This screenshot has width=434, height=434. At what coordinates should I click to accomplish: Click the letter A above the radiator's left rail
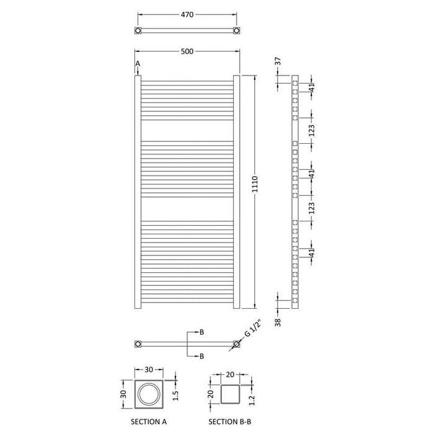(x=138, y=64)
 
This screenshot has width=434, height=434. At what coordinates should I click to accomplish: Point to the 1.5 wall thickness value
(x=177, y=395)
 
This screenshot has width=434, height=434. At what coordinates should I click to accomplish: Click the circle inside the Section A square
(x=149, y=395)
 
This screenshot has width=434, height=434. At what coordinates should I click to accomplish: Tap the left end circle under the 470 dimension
(x=138, y=30)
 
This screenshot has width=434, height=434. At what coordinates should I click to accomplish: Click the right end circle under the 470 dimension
(x=236, y=30)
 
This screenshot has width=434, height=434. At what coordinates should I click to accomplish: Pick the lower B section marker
(x=201, y=356)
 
